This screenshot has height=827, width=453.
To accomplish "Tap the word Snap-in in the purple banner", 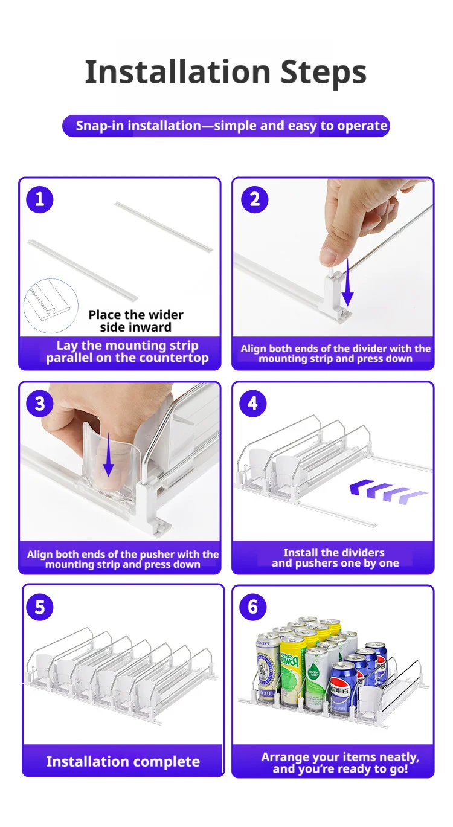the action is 100,126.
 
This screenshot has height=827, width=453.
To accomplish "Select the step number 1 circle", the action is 40,200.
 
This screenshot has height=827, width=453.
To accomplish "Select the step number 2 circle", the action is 255,200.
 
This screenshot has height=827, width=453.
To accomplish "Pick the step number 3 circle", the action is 40,404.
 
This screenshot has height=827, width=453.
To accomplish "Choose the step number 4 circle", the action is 253,404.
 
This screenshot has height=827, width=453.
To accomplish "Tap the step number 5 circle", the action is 40,607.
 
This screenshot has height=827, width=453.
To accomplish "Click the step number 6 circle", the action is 253,607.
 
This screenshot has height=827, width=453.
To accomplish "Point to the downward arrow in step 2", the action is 347,283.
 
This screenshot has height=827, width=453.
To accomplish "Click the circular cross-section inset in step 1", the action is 51,306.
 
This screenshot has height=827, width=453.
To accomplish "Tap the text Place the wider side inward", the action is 136,321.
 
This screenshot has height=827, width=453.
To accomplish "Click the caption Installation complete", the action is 123,761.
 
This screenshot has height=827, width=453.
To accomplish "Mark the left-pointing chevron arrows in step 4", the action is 388,492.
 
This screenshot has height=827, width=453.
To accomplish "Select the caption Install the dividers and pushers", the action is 335,558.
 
